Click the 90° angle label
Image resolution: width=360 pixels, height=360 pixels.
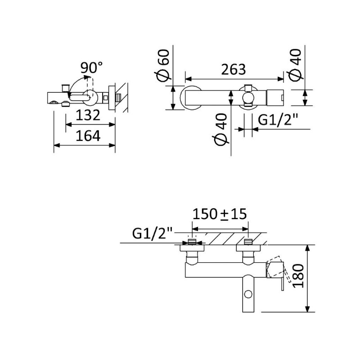[x=91, y=67]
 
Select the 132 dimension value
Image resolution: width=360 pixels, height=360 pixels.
[x=88, y=115]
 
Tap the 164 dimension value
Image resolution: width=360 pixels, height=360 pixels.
[x=88, y=136]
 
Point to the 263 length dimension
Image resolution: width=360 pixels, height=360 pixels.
[x=233, y=69]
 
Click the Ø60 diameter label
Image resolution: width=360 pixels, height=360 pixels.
[x=162, y=65]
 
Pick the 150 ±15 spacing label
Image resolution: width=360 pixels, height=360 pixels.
[x=220, y=214]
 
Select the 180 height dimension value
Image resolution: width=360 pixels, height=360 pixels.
[x=298, y=276]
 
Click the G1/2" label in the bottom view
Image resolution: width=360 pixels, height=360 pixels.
[x=153, y=233]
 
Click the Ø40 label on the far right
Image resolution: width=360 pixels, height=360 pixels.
[x=295, y=65]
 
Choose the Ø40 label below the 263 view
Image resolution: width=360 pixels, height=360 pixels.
[x=220, y=130]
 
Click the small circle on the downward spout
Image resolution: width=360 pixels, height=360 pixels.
[x=248, y=294]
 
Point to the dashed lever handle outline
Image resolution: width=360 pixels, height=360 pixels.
[x=278, y=269]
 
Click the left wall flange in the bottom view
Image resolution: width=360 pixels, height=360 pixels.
[x=192, y=248]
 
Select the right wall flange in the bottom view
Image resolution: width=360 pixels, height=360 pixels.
[x=248, y=248]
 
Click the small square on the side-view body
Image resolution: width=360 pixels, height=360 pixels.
[x=106, y=98]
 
